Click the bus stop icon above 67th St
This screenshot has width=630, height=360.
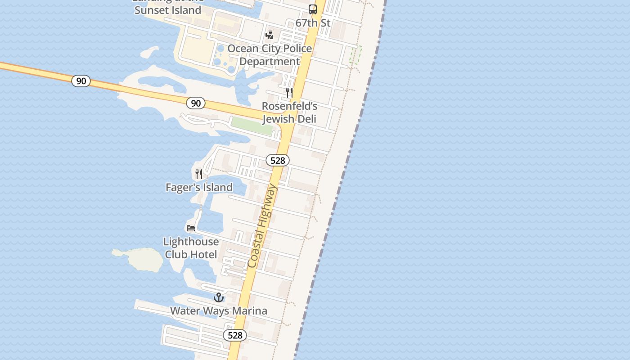[312, 9]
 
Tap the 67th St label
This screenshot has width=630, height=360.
[313, 22]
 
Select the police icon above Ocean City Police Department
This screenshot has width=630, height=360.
[270, 35]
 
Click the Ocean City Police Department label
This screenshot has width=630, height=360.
[270, 55]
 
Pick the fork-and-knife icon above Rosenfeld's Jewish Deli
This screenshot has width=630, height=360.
[289, 93]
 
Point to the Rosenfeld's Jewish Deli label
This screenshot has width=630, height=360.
[289, 112]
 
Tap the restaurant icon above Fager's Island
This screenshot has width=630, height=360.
[199, 174]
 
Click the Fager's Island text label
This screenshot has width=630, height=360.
[199, 187]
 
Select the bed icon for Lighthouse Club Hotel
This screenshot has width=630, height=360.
[191, 228]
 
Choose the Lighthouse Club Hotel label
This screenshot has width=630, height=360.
[191, 248]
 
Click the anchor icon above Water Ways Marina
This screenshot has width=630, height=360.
[218, 297]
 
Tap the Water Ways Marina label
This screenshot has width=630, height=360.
[218, 310]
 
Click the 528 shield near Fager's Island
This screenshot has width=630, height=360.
[277, 160]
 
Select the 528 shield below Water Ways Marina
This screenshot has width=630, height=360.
[235, 335]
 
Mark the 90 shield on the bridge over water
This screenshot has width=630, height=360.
[81, 81]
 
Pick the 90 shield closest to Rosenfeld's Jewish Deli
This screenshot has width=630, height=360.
[196, 103]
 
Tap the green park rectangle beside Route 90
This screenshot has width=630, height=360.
[252, 126]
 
